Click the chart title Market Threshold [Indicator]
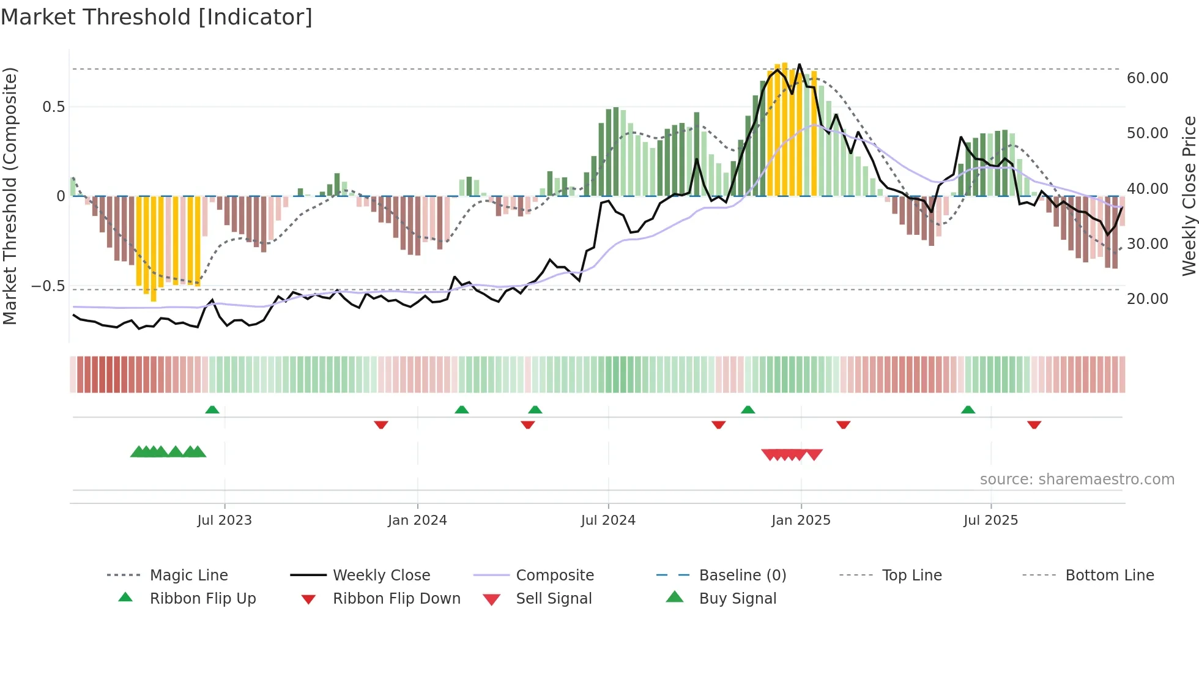(x=157, y=17)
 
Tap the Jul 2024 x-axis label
(x=608, y=520)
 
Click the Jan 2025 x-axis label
(x=801, y=520)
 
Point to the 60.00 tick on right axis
(x=1147, y=78)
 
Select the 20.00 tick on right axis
(x=1147, y=299)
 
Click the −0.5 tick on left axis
(x=48, y=286)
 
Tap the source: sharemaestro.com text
(x=1077, y=480)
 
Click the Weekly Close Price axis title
(x=1189, y=196)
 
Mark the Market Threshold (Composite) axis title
(x=10, y=196)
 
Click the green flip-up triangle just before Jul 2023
(x=212, y=410)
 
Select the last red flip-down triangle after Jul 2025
(x=1034, y=424)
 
